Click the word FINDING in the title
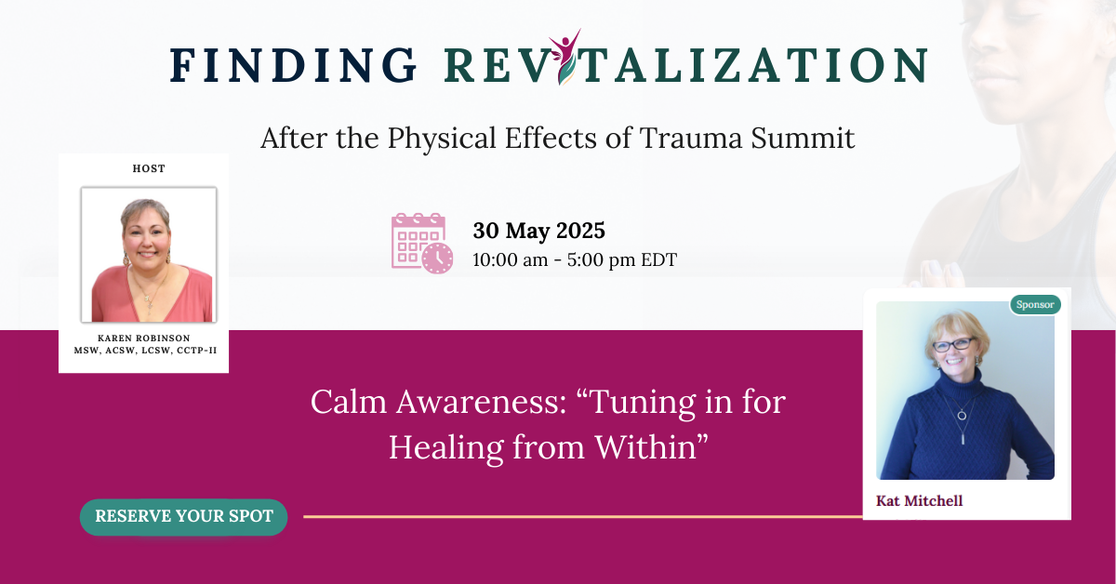pos(294,65)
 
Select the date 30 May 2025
pos(539,230)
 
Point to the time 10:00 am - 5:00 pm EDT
pos(575,259)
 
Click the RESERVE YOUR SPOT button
pos(184,516)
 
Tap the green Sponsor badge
pos(1035,304)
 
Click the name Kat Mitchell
pos(919,501)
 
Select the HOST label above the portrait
pos(149,169)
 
